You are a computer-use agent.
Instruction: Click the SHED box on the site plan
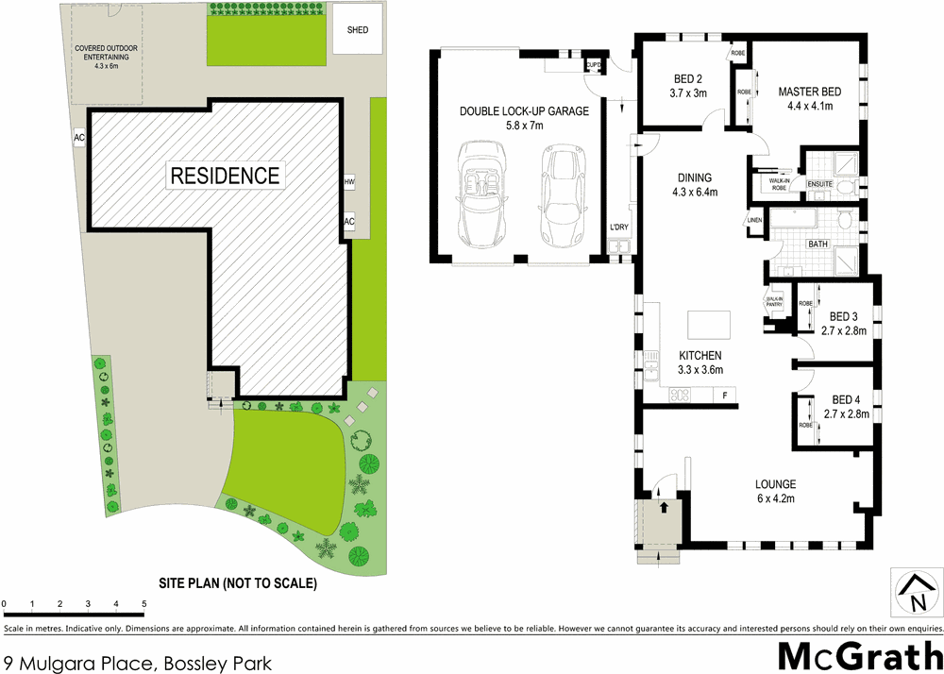358,30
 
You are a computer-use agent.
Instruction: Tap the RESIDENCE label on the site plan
224,175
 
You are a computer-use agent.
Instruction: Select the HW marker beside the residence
349,181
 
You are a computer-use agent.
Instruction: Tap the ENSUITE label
819,183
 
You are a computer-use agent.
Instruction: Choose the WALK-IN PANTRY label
776,303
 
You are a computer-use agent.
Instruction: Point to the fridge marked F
725,395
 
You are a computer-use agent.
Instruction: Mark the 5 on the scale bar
143,602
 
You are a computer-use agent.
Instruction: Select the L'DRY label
619,227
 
